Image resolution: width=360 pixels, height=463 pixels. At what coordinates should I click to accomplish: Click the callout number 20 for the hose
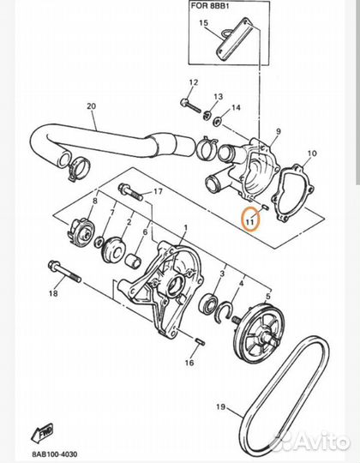91,108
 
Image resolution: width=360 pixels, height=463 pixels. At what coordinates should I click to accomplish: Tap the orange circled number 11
249,219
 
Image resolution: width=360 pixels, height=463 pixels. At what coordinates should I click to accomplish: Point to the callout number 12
193,83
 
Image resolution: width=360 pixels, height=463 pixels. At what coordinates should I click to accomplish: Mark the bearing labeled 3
211,303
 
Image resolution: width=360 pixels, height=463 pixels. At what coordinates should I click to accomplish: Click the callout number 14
236,108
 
